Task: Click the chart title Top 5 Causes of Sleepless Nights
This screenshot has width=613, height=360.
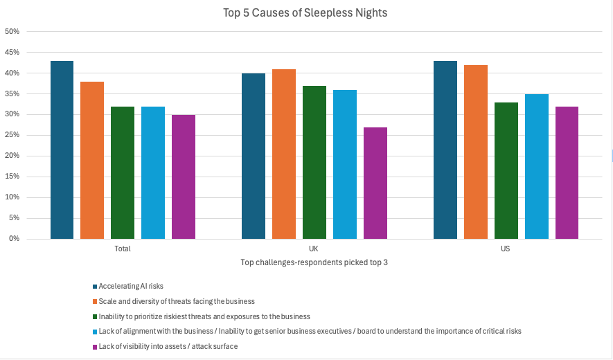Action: pyautogui.click(x=305, y=13)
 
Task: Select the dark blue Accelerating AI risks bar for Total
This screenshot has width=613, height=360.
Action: pyautogui.click(x=62, y=150)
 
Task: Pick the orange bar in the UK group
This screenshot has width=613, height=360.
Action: pyautogui.click(x=284, y=154)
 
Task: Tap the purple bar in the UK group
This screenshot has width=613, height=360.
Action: pyautogui.click(x=375, y=183)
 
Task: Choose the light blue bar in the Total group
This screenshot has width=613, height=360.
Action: pyautogui.click(x=153, y=172)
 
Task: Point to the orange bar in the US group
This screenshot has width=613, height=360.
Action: pyautogui.click(x=476, y=152)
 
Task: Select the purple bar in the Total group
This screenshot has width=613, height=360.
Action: pyautogui.click(x=184, y=177)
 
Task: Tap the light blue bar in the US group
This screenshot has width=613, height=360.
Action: pyautogui.click(x=537, y=166)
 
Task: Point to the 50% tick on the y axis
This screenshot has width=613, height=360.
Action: pyautogui.click(x=12, y=32)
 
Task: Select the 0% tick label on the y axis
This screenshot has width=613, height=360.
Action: pyautogui.click(x=14, y=239)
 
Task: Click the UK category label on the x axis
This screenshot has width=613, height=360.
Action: pyautogui.click(x=314, y=249)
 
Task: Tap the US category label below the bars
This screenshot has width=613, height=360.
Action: pyautogui.click(x=506, y=249)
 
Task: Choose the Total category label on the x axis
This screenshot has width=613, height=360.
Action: pyautogui.click(x=123, y=249)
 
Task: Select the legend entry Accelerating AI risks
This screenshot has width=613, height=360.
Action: pyautogui.click(x=132, y=286)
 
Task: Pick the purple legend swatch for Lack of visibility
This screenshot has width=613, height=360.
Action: pyautogui.click(x=95, y=346)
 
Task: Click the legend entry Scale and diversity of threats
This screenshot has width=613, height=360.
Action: pyautogui.click(x=177, y=301)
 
